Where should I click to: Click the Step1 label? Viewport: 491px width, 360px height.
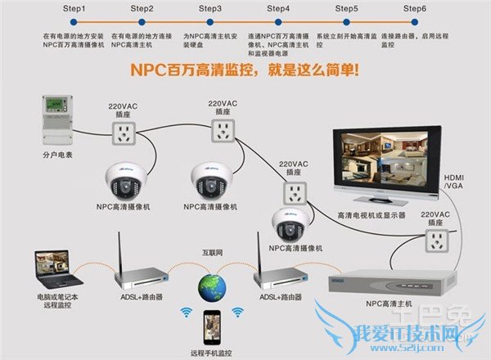73,7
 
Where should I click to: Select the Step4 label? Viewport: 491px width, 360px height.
278,7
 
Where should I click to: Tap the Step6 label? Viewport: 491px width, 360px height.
414,7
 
